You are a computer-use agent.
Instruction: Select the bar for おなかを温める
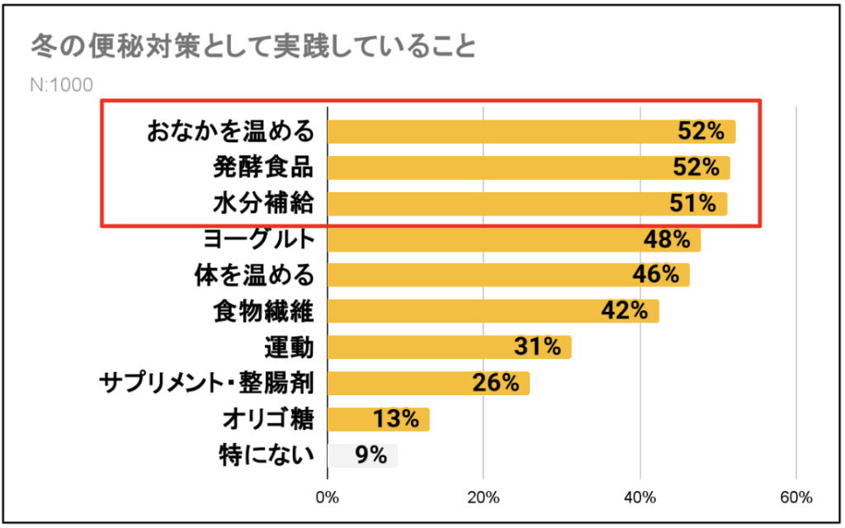pos(495,132)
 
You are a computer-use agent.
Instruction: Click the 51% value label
pos(696,203)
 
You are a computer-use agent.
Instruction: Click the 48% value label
pos(667,240)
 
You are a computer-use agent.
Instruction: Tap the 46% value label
pos(655,276)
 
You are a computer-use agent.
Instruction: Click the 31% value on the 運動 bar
pos(537,347)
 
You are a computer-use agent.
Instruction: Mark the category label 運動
pos(290,347)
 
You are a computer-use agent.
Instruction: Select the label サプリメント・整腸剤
pos(207,383)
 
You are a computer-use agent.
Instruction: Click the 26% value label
pos(496,383)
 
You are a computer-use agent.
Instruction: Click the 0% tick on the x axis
pos(328,497)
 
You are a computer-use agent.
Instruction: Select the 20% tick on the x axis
pos(484,497)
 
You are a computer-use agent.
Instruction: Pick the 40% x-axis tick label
pos(640,497)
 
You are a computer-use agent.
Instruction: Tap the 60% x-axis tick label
pos(795,497)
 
